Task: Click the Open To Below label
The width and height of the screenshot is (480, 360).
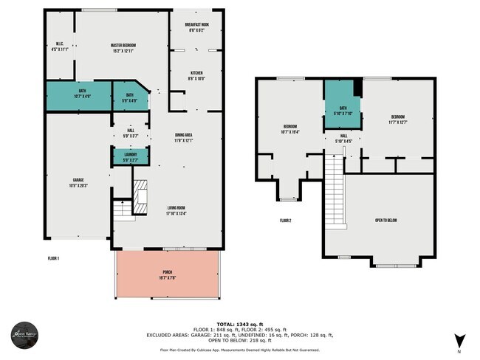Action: coord(383,219)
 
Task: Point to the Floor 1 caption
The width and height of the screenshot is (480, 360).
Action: coord(52,258)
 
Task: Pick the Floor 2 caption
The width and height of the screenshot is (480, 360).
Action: coord(286,220)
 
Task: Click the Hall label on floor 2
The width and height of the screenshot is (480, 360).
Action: coord(343,138)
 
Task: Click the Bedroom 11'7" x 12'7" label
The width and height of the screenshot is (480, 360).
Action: coord(398,119)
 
